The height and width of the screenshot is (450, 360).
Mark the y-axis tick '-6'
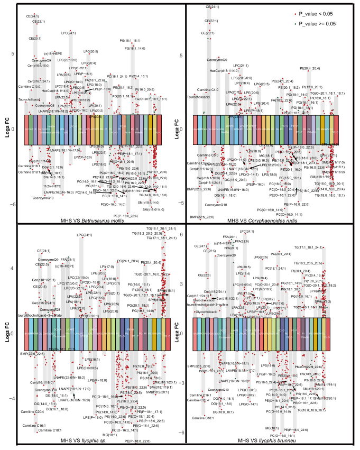click(180, 433)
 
